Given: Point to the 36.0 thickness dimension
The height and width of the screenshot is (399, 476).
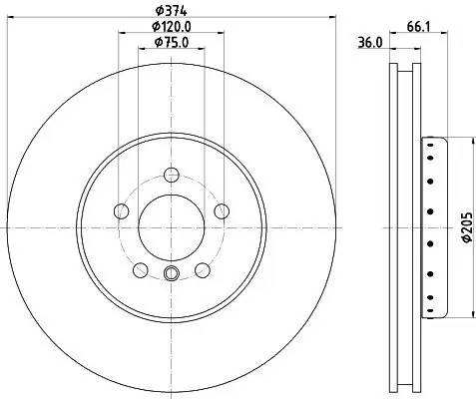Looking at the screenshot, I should point(371,42).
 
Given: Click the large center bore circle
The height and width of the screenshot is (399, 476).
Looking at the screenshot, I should point(170,226).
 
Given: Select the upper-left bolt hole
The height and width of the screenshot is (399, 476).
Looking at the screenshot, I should point(122,210).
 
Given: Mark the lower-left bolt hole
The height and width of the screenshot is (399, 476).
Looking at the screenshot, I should point(140,269).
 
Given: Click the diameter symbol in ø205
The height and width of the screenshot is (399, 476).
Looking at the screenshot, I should point(464,244).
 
